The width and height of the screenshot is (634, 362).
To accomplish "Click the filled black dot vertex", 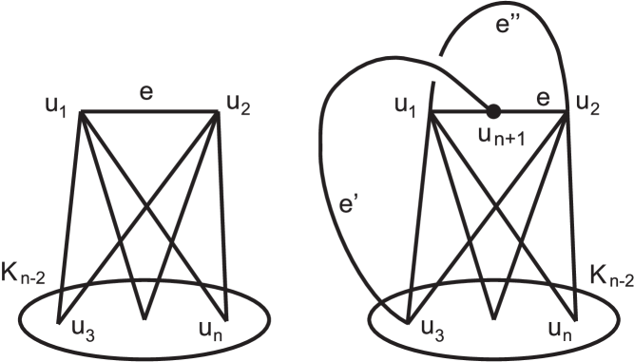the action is pyautogui.click(x=492, y=111).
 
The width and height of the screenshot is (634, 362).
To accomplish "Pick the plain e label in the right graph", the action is pyautogui.click(x=543, y=99).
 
